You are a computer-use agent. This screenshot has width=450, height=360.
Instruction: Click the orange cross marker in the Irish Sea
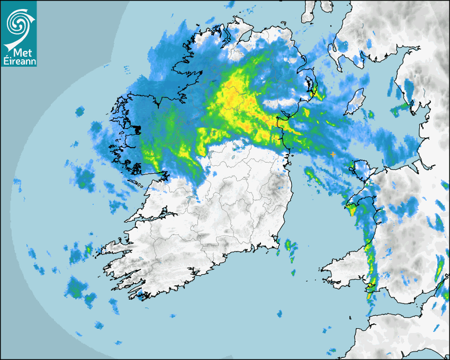332,154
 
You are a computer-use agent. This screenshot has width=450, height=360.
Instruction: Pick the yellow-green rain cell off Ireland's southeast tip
290,246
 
